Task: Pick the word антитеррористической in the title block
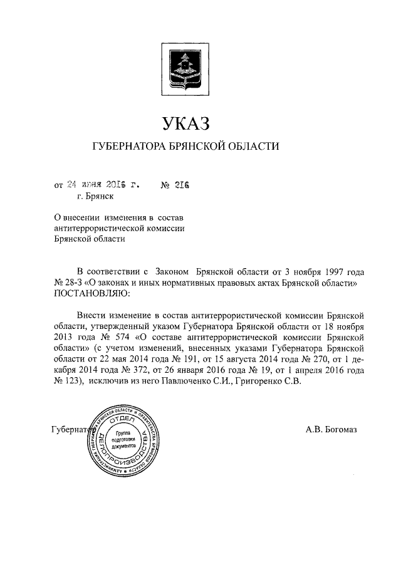coord(103,227)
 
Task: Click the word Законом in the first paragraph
coord(170,273)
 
